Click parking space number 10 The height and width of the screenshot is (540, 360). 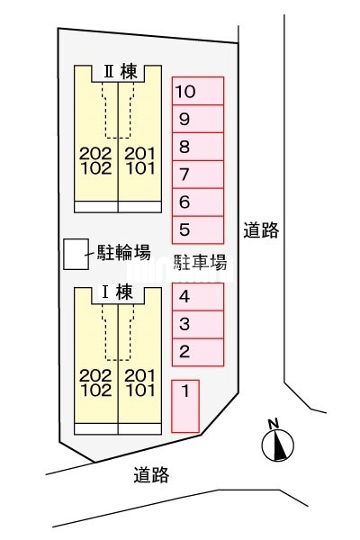[x=198, y=91]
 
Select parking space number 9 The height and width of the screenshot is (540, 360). [x=198, y=119]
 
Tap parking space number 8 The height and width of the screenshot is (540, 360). [x=198, y=147]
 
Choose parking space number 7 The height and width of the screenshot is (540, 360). [x=198, y=175]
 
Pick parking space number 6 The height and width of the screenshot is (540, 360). [x=198, y=202]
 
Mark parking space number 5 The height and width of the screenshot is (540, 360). [x=198, y=230]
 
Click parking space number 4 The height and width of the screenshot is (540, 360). [x=198, y=297]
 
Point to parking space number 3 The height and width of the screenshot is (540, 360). [x=198, y=325]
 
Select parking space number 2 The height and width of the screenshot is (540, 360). [x=198, y=352]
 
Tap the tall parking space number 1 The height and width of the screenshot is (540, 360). [x=185, y=406]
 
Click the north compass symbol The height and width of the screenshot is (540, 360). [x=278, y=442]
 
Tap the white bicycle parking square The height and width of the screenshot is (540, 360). [x=76, y=254]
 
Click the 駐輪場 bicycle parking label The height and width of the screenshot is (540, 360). [x=123, y=253]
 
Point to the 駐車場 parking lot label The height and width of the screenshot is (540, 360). [x=200, y=263]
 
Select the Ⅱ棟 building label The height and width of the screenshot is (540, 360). [x=121, y=72]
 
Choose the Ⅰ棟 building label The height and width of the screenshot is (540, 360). [x=117, y=292]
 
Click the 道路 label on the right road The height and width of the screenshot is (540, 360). [x=261, y=230]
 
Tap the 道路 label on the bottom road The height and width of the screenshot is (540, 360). [x=151, y=474]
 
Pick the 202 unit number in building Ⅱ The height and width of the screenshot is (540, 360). [x=95, y=154]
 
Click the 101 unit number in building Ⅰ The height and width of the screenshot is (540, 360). [x=140, y=391]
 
